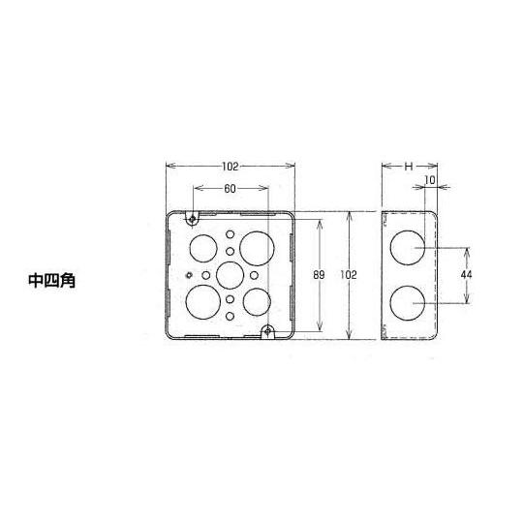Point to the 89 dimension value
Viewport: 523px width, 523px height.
point(318,276)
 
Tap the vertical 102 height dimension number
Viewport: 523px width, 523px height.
point(349,276)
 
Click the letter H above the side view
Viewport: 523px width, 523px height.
point(409,167)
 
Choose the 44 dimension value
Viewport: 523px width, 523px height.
point(468,276)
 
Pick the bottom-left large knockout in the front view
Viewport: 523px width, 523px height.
point(203,299)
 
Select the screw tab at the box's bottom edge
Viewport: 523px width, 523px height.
point(267,331)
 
